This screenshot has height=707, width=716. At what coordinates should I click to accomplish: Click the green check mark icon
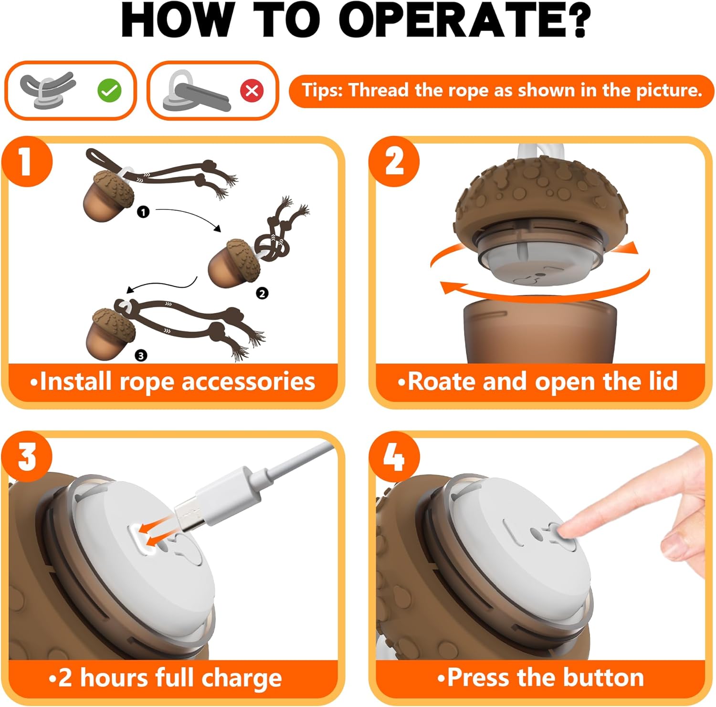(x=109, y=90)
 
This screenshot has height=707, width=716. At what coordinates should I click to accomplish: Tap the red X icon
(x=252, y=90)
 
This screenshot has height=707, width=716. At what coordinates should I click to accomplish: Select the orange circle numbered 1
(x=27, y=161)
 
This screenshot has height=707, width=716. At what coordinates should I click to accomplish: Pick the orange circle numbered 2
(x=394, y=161)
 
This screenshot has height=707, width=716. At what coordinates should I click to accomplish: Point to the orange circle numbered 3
(x=27, y=457)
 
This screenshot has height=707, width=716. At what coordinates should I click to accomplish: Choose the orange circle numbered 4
(x=394, y=457)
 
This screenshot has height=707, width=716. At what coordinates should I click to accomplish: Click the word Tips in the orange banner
(x=322, y=90)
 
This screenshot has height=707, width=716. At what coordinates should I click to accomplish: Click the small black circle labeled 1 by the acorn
(x=143, y=212)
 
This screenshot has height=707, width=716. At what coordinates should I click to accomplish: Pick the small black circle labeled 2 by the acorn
(x=262, y=293)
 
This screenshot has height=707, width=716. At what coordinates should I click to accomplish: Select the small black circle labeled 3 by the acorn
(x=141, y=355)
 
